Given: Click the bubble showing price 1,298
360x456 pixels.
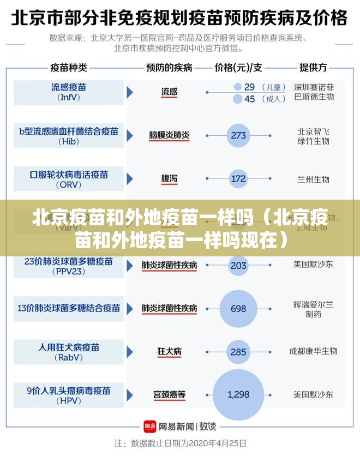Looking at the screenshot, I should [x=238, y=394].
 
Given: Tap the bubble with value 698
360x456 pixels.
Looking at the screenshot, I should [x=238, y=309].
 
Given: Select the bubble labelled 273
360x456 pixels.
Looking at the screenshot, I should [x=238, y=135].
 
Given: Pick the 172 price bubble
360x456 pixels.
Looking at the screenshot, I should [x=238, y=178].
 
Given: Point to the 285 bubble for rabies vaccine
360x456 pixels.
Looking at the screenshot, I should [x=238, y=352].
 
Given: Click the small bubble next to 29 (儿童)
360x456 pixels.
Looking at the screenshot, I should [x=237, y=87].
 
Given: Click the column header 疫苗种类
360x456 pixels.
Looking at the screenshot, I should [x=69, y=68].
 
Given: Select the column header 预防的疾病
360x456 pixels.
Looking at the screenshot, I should [x=169, y=68].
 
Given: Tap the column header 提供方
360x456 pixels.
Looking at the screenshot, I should [x=313, y=68].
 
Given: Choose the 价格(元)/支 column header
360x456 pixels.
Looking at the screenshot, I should [x=238, y=68].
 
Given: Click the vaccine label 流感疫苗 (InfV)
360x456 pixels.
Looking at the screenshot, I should [x=69, y=92].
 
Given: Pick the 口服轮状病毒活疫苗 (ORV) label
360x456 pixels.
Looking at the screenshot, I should [x=69, y=179].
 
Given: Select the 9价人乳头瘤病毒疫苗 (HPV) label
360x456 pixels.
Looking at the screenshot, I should [x=69, y=395].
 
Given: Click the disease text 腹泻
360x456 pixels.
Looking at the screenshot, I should [x=169, y=178].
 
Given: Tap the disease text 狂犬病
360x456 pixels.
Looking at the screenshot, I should [x=169, y=352].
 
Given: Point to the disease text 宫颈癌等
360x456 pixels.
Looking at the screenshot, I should [x=169, y=394].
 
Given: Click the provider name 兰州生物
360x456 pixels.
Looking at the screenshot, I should [x=313, y=179].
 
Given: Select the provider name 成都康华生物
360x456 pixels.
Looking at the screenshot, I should [x=313, y=351].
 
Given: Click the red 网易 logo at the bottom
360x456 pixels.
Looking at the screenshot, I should [x=150, y=427].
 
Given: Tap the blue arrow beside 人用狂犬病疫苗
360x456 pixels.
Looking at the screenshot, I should [x=130, y=352].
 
